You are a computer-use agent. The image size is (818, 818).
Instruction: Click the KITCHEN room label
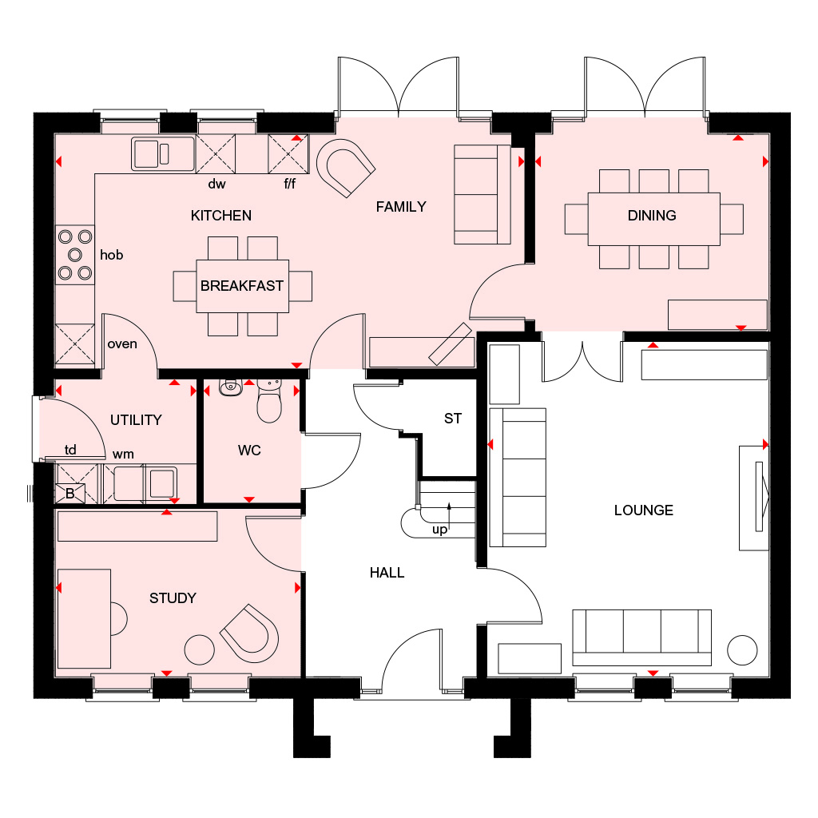pyautogui.click(x=220, y=216)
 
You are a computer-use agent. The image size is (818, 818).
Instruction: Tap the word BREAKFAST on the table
pyautogui.click(x=242, y=286)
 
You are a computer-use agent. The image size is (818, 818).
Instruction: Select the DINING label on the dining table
pyautogui.click(x=652, y=216)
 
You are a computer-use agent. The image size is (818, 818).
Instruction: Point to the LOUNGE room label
pyautogui.click(x=643, y=510)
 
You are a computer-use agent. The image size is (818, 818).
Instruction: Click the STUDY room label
pyautogui.click(x=173, y=598)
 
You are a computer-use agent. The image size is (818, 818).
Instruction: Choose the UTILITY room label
pyautogui.click(x=136, y=420)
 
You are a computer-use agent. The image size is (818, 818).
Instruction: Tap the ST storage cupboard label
pyautogui.click(x=453, y=419)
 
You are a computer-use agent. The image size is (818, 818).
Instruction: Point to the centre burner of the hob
pyautogui.click(x=75, y=255)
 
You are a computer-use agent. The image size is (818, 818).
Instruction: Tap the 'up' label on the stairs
pyautogui.click(x=439, y=529)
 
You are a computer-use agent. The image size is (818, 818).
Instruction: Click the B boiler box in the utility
pyautogui.click(x=69, y=494)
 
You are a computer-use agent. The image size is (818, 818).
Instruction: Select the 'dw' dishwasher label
pyautogui.click(x=216, y=184)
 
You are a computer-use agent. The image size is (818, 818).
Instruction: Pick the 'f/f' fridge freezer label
pyautogui.click(x=289, y=184)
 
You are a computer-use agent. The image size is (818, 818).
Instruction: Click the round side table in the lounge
pyautogui.click(x=742, y=649)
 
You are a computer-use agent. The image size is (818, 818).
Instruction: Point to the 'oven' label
pyautogui.click(x=122, y=344)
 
